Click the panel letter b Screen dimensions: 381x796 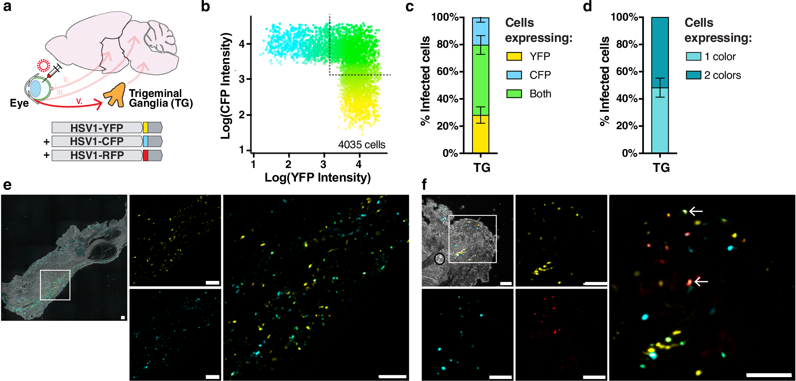pyautogui.click(x=205, y=7)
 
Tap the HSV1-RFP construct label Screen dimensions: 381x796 pyautogui.click(x=97, y=156)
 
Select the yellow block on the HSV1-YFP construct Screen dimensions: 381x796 pyautogui.click(x=146, y=128)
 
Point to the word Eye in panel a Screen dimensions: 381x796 pyautogui.click(x=19, y=103)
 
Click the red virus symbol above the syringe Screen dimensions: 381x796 pyautogui.click(x=43, y=66)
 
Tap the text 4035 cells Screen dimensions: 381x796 pyautogui.click(x=362, y=145)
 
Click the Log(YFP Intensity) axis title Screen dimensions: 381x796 pyautogui.click(x=317, y=178)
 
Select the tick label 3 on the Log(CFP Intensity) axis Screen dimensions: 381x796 pyautogui.click(x=242, y=79)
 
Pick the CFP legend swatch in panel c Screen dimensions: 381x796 pyautogui.click(x=514, y=75)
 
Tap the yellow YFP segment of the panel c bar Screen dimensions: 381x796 pyautogui.click(x=480, y=134)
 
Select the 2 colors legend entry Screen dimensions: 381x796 pyautogui.click(x=722, y=75)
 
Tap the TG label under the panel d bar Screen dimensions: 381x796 pyautogui.click(x=661, y=168)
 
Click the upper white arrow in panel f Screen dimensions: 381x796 pyautogui.click(x=696, y=211)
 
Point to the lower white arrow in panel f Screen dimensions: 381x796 pyautogui.click(x=701, y=282)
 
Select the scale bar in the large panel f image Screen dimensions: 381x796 pyautogui.click(x=768, y=375)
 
